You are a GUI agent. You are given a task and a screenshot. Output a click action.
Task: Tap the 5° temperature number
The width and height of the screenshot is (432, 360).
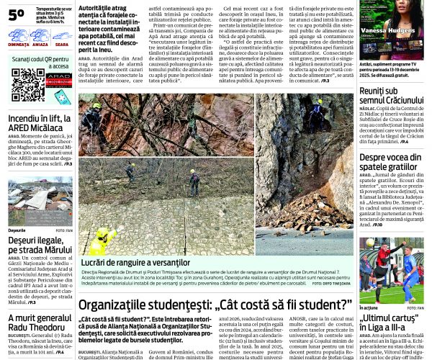(x=17, y=14)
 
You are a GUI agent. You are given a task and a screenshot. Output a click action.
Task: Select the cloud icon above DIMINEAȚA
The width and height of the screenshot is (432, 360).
(x=19, y=35)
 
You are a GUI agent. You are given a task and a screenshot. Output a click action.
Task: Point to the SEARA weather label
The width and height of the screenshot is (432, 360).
(x=61, y=45)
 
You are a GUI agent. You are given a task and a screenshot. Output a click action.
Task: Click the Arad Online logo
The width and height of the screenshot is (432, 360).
(x=59, y=82)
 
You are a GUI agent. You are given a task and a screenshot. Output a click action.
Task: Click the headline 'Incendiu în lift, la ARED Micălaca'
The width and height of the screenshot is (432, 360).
(x=39, y=124)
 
